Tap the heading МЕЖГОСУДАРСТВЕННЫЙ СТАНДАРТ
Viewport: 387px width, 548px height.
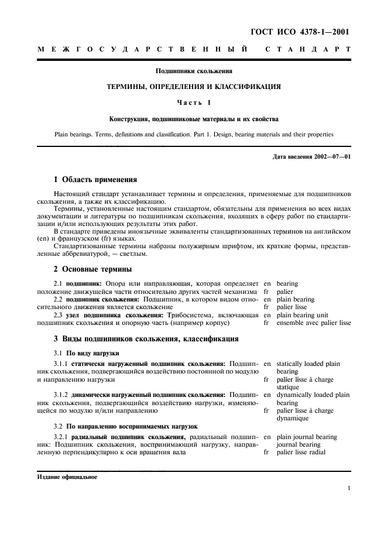pyautogui.click(x=194, y=51)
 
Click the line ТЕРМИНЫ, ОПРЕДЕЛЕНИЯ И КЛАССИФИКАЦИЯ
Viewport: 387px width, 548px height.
pyautogui.click(x=193, y=87)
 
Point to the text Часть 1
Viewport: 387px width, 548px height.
pyautogui.click(x=193, y=103)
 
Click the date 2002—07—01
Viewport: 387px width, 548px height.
pyautogui.click(x=331, y=156)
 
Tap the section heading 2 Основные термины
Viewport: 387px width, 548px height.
pyautogui.click(x=93, y=269)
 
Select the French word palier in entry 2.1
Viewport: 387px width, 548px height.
pyautogui.click(x=285, y=292)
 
